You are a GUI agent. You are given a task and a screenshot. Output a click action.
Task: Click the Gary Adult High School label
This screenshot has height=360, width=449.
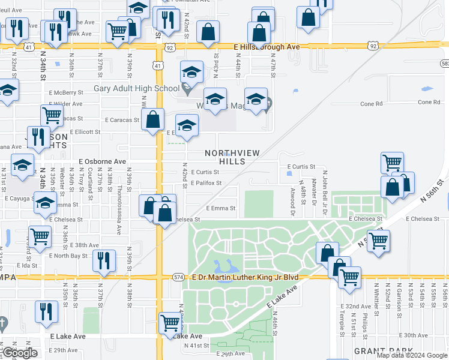point(136,89)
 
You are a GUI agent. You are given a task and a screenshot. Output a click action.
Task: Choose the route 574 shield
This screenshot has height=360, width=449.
point(178,277)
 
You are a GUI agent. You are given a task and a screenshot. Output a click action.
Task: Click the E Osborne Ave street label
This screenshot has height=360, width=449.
point(103,162)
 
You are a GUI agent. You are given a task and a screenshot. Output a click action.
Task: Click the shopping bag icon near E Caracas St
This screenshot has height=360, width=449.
point(154,119)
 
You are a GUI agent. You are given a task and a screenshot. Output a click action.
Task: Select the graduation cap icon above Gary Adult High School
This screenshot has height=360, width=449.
point(191,74)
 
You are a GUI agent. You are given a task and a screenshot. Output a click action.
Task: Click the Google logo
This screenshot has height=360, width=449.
point(19,353)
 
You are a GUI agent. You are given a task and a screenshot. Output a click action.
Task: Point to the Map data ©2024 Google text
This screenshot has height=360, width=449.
point(411,355)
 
